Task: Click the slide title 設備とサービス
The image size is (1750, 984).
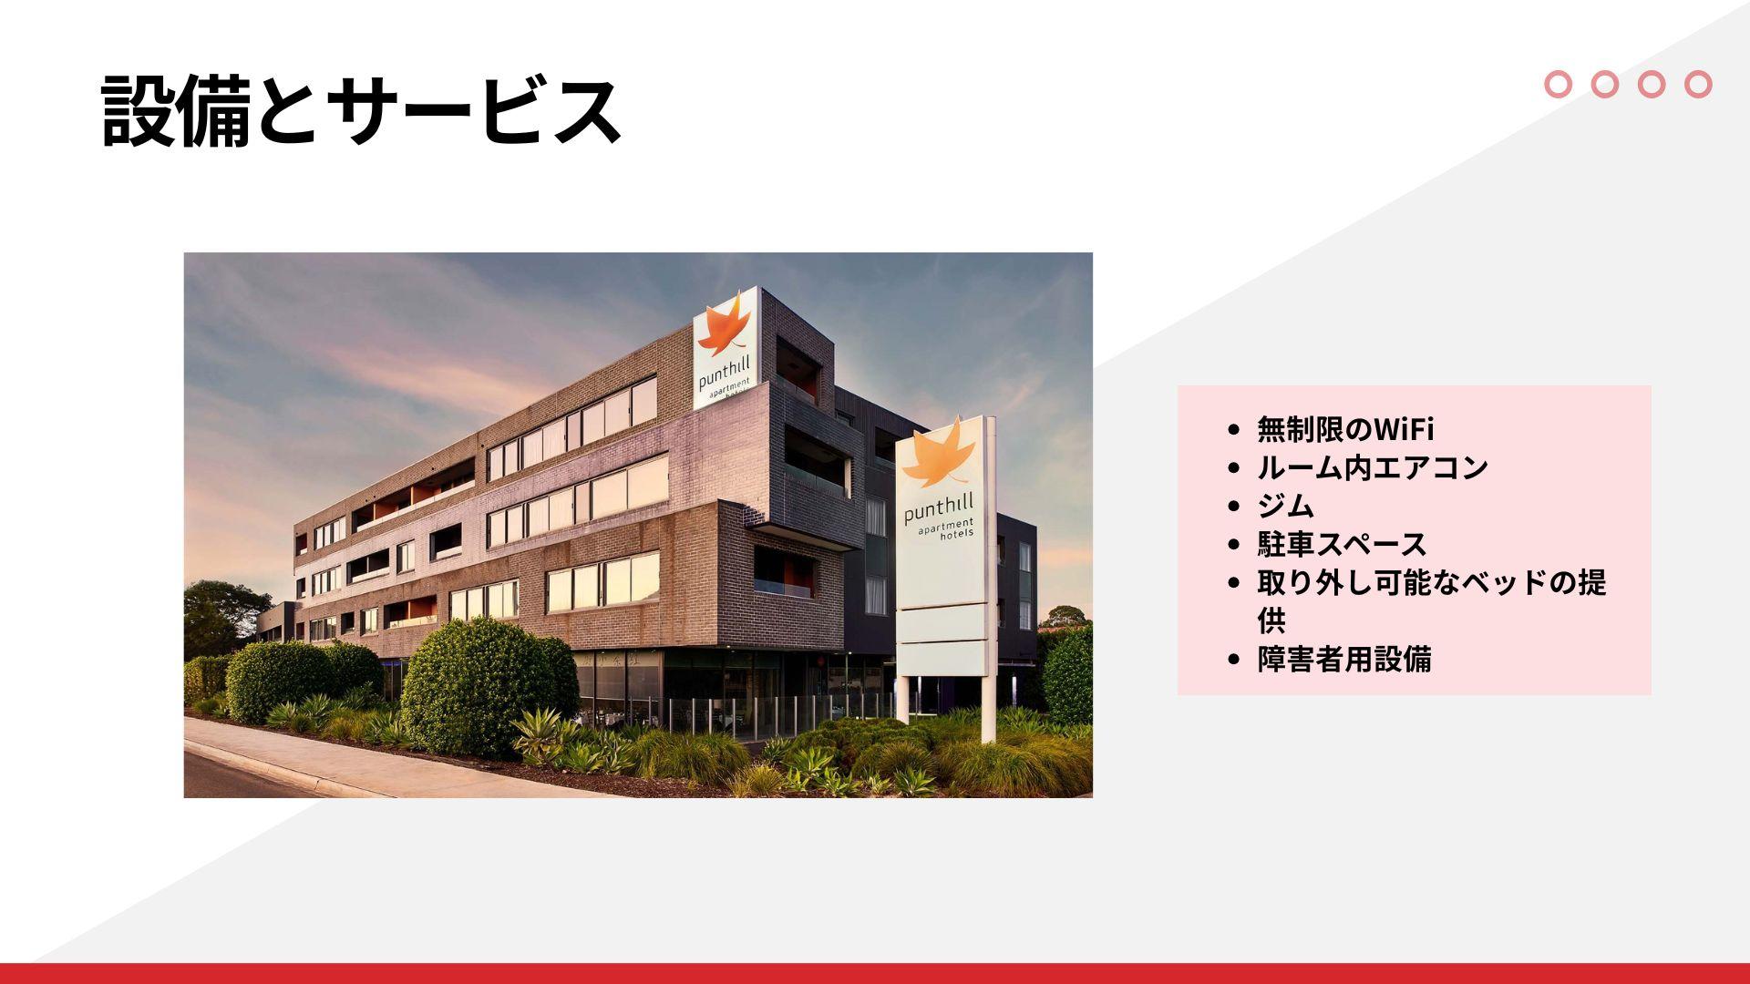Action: pyautogui.click(x=361, y=111)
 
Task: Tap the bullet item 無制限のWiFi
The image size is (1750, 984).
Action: pyautogui.click(x=1345, y=428)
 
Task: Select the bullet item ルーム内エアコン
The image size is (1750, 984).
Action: pyautogui.click(x=1372, y=467)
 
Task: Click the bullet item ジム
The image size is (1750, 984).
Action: pyautogui.click(x=1286, y=506)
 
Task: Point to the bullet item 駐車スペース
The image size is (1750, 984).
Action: pyautogui.click(x=1342, y=544)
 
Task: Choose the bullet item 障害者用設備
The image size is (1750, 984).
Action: pyautogui.click(x=1344, y=659)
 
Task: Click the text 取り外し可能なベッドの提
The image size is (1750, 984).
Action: pyautogui.click(x=1432, y=582)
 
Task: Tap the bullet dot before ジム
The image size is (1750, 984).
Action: pyautogui.click(x=1234, y=507)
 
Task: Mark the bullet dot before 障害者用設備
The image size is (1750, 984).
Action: pyautogui.click(x=1234, y=660)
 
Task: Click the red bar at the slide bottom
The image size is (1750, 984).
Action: pyautogui.click(x=875, y=973)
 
